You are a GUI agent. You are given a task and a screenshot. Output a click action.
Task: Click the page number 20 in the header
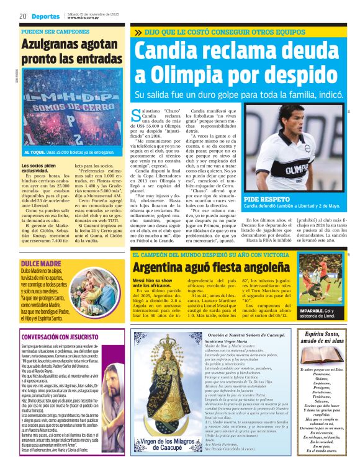pyautogui.click(x=22, y=16)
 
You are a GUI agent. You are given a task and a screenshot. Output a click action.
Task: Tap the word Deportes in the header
pyautogui.click(x=45, y=16)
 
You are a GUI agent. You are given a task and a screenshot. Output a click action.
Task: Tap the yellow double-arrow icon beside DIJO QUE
pyautogui.click(x=137, y=31)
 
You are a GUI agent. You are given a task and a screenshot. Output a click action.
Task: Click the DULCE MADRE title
pyautogui.click(x=37, y=263)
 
